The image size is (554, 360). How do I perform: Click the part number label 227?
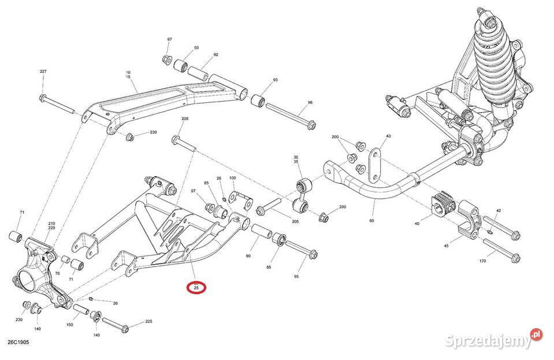coord(43,71)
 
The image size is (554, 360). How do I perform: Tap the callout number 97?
coord(170,39)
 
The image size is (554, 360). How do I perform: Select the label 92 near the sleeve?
coord(215,55)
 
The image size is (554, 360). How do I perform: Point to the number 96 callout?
coord(310,103)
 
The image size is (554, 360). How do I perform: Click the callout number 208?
coord(185,118)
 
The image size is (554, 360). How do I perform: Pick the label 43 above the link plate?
coord(388,136)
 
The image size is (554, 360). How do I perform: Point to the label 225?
coord(148,321)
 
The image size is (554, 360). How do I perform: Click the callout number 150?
coord(70,325)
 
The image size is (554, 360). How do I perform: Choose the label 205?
coord(295,221)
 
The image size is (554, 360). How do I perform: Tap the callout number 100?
coord(233,178)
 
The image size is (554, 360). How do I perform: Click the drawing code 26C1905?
coord(19,342)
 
